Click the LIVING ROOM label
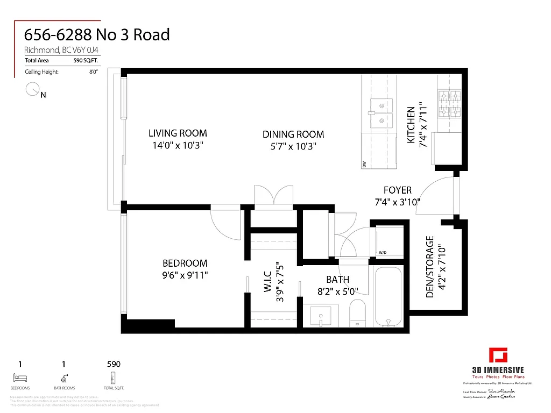point(178,133)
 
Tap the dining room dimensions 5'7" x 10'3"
point(293,146)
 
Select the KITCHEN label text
point(411,125)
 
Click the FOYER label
point(398,190)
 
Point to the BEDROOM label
point(185,263)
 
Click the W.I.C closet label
point(268,279)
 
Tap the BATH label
point(337,280)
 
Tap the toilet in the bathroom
point(357,314)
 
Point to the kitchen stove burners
point(449,104)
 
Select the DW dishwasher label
point(364,164)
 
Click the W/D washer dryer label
point(383,252)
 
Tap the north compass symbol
point(33,90)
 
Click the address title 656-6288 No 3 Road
point(97,35)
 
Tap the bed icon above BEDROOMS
point(20,378)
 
